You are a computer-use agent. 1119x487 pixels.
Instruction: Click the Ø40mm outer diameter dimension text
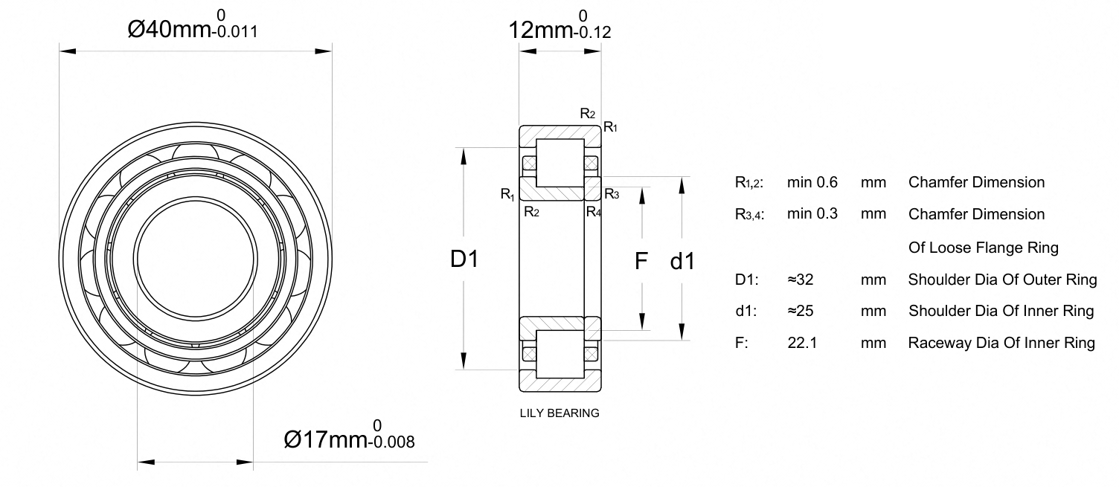point(193,25)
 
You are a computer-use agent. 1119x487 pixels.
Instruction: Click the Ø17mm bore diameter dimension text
point(349,435)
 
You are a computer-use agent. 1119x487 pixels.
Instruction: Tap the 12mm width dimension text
point(559,25)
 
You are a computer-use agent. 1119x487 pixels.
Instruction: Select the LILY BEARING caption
point(559,413)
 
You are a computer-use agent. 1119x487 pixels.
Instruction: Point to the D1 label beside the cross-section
point(464,259)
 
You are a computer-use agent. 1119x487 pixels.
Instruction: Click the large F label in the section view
point(641,261)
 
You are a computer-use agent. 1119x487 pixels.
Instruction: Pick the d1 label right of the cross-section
point(682,261)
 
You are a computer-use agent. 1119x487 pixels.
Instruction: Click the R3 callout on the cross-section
point(612,194)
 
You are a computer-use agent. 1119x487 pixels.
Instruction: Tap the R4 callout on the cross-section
point(594,212)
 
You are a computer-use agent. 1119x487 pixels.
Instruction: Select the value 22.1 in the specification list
point(802,343)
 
